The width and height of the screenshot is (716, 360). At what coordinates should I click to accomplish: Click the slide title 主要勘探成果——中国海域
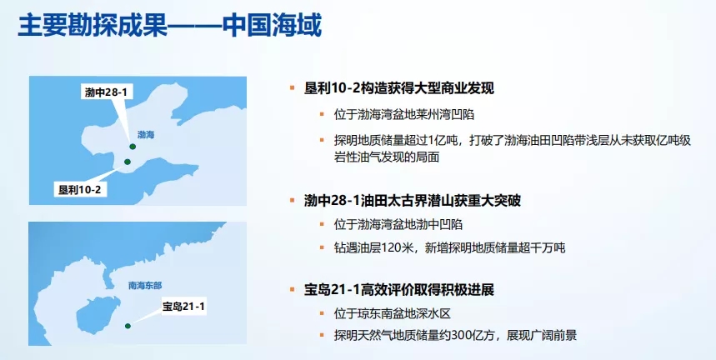[169, 26]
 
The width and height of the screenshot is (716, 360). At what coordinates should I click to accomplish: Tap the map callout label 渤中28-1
[106, 92]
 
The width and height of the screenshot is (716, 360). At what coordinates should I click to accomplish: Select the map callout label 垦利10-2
[80, 189]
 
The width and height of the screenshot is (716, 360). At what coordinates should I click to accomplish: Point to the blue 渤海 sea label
[146, 135]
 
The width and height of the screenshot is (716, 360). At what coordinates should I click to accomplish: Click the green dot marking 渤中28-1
[133, 147]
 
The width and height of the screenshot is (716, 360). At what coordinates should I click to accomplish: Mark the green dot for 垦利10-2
[128, 162]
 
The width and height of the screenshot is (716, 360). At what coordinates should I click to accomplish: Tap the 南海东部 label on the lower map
[145, 286]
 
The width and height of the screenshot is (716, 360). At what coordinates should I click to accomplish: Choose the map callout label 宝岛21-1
[183, 307]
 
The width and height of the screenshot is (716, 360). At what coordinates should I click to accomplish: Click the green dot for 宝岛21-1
[128, 326]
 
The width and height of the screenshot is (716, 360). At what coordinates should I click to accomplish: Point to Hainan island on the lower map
[98, 315]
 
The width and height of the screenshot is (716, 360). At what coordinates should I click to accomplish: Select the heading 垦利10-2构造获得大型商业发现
[398, 88]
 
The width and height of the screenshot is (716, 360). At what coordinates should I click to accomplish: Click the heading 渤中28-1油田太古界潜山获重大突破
[412, 200]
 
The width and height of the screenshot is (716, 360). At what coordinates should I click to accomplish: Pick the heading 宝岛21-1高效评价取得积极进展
[398, 289]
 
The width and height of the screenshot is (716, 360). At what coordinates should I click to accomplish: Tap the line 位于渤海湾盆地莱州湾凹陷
[404, 114]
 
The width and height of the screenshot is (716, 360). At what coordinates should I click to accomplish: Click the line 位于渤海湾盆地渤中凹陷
[398, 224]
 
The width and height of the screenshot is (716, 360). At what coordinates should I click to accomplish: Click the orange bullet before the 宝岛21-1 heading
[293, 289]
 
